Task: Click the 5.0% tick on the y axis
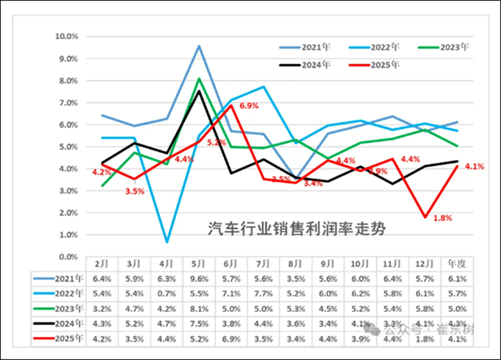click(68, 147)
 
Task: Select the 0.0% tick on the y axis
click(68, 257)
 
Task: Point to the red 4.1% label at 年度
click(474, 166)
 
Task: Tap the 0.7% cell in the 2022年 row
click(166, 294)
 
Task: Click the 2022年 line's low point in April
click(167, 241)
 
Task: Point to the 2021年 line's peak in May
click(199, 46)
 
